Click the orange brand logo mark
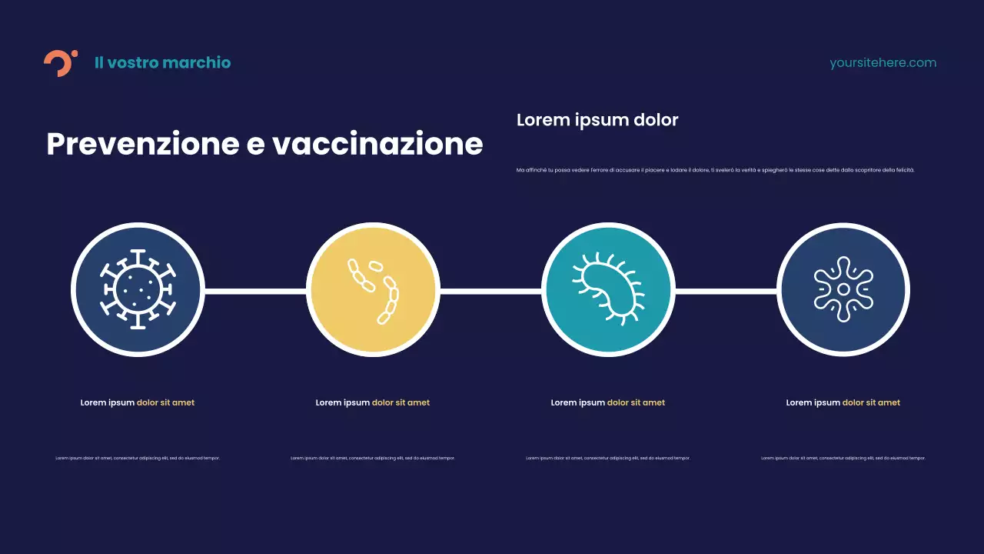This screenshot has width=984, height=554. pyautogui.click(x=59, y=63)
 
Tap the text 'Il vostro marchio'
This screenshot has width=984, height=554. pyautogui.click(x=162, y=63)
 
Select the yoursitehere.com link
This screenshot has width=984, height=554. pyautogui.click(x=883, y=63)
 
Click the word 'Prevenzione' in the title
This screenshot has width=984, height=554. pyautogui.click(x=143, y=145)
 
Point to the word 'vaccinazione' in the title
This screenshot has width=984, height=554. pyautogui.click(x=377, y=145)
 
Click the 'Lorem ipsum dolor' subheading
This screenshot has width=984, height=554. pyautogui.click(x=597, y=120)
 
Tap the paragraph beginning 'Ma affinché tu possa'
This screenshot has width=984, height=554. pyautogui.click(x=715, y=170)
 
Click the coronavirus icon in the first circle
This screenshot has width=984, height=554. pyautogui.click(x=138, y=290)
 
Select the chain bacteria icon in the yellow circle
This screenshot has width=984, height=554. pyautogui.click(x=374, y=290)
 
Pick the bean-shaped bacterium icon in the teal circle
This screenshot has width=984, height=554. pyautogui.click(x=608, y=290)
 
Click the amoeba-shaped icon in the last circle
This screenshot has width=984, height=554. pyautogui.click(x=843, y=290)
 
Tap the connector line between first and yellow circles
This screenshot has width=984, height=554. pyautogui.click(x=255, y=292)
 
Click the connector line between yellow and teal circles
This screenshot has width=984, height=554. pyautogui.click(x=490, y=292)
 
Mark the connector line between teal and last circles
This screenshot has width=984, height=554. pyautogui.click(x=726, y=292)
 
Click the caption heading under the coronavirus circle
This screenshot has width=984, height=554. pyautogui.click(x=138, y=402)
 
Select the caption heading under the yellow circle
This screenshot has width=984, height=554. pyautogui.click(x=373, y=402)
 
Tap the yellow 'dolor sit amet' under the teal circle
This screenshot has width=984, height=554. pyautogui.click(x=636, y=402)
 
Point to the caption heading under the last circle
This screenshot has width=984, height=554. pyautogui.click(x=843, y=402)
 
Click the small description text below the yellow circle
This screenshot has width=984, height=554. pyautogui.click(x=373, y=458)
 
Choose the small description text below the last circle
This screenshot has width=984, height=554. pyautogui.click(x=843, y=458)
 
